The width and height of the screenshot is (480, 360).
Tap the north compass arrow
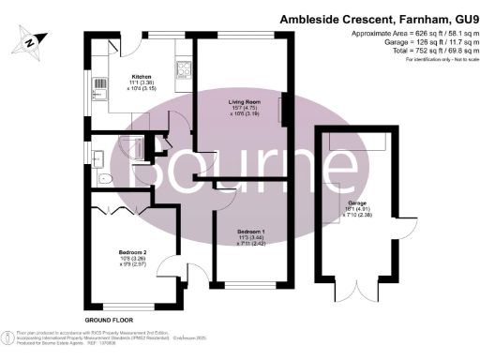click(x=31, y=40)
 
